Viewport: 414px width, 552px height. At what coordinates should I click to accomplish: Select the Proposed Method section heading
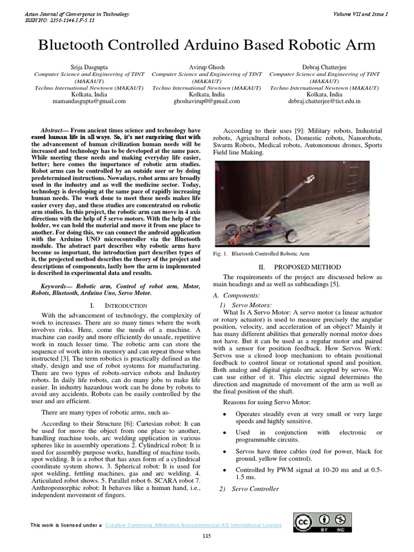click(307, 267)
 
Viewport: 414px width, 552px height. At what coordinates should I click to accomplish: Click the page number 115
click(206, 535)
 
